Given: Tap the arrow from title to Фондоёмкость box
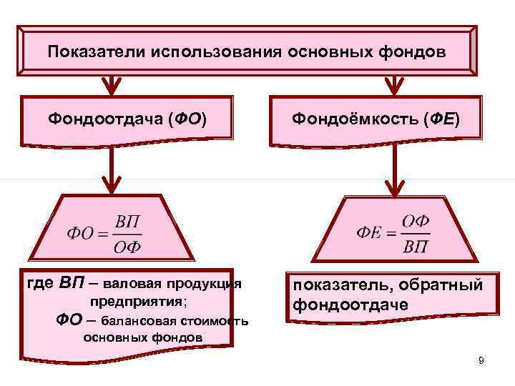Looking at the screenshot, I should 394,85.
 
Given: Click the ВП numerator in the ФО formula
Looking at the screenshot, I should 128,221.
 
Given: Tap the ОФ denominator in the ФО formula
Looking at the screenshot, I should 128,247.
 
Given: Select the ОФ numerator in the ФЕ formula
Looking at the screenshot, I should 416,221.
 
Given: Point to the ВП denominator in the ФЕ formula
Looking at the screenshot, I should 416,245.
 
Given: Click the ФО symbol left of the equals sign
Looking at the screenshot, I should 81,234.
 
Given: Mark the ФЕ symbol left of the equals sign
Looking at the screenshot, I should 369,233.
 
